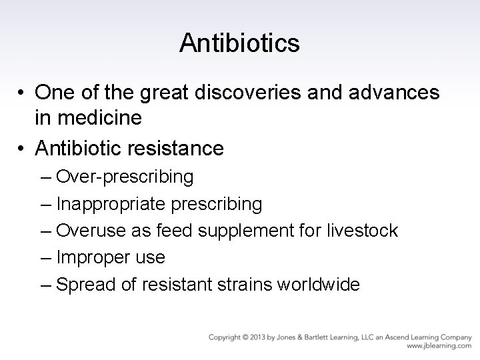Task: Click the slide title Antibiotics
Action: click(239, 43)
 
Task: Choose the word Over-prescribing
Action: click(125, 177)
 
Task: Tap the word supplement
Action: click(230, 231)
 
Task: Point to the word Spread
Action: click(80, 285)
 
